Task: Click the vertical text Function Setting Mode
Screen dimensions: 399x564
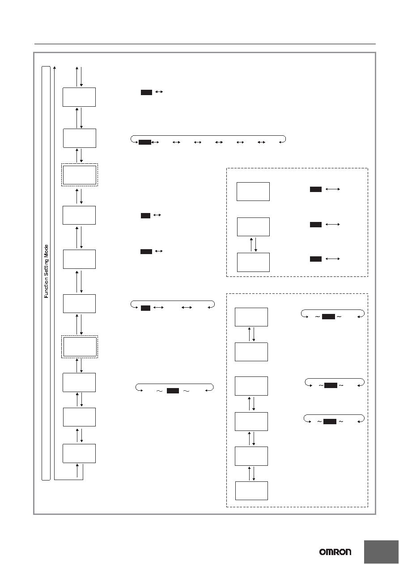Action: [46, 271]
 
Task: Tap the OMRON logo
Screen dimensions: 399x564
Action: [335, 552]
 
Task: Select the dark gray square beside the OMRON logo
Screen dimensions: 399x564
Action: [381, 552]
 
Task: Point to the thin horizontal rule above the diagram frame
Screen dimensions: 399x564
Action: [205, 44]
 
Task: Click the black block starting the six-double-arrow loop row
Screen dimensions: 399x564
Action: [145, 142]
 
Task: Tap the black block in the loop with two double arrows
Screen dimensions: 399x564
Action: [145, 308]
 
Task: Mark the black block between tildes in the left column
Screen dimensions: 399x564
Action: [173, 391]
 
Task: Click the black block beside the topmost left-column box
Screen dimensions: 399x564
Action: [146, 92]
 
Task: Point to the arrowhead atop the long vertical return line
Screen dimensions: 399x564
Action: [55, 67]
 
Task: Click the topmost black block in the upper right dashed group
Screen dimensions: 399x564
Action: [315, 189]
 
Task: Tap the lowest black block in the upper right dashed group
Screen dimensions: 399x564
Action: [315, 259]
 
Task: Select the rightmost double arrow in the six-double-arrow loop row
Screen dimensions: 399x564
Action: [261, 142]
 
